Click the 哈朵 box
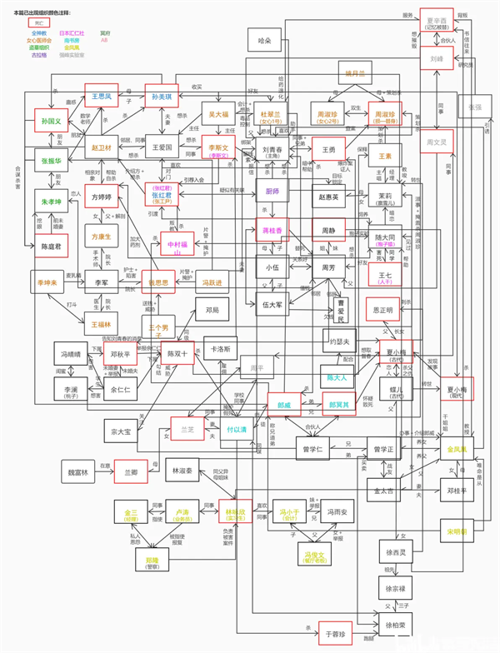tap(266, 39)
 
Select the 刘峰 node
tap(437, 60)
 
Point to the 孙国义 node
tap(52, 122)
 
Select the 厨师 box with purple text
tap(272, 192)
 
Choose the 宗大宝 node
tap(122, 432)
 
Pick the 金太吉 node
tap(388, 491)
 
